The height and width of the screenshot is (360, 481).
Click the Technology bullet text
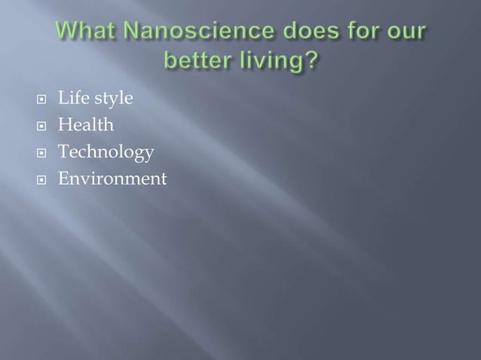(x=106, y=154)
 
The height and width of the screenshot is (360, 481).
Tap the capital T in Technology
(x=64, y=152)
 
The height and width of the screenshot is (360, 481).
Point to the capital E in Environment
(x=64, y=179)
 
